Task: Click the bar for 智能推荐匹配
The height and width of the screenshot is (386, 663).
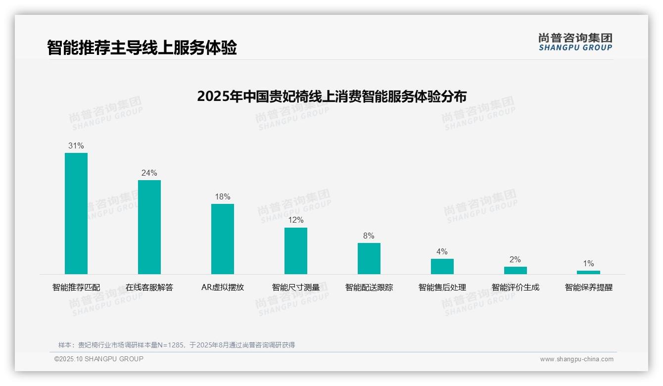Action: (x=76, y=213)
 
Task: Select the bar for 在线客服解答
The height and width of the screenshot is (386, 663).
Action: (x=149, y=227)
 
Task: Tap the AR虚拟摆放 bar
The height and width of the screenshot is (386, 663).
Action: (x=223, y=239)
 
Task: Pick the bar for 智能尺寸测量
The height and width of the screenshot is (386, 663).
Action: (x=296, y=250)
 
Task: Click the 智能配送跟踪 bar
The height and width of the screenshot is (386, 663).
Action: (x=369, y=258)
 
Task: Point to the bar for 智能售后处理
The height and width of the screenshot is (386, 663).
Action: (x=442, y=266)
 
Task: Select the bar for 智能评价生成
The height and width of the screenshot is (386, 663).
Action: (x=515, y=270)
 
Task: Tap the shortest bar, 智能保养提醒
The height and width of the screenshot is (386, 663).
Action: (x=588, y=272)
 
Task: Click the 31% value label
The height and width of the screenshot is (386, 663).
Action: (x=76, y=146)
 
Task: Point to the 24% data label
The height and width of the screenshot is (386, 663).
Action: (x=149, y=173)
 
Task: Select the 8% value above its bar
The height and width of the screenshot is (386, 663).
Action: (x=369, y=236)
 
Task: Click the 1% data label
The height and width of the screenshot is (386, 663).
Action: (x=588, y=264)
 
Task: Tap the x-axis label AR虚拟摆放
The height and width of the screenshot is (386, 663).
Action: (x=223, y=287)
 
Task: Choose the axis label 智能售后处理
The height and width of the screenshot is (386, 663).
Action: (x=442, y=287)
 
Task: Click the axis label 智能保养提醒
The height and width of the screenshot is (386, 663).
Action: (x=589, y=287)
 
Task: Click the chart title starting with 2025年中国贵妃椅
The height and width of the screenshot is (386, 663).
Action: (x=331, y=96)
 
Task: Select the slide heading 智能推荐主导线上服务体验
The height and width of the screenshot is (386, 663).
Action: (x=142, y=48)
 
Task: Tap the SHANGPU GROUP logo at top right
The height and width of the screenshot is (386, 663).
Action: (x=575, y=42)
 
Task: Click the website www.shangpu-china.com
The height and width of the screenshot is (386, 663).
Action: (x=576, y=359)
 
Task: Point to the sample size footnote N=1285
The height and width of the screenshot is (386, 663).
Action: (x=177, y=345)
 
